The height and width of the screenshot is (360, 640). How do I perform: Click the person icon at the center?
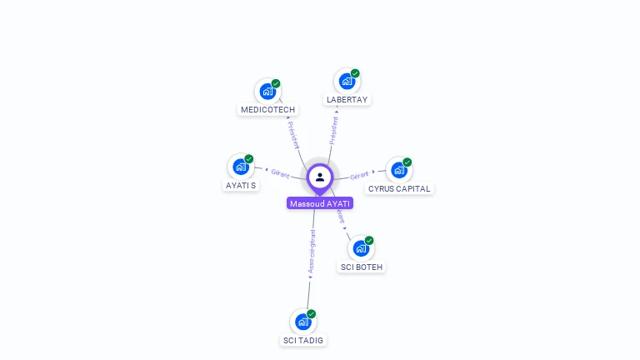[320, 177]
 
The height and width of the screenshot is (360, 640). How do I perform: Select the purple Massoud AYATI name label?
[320, 203]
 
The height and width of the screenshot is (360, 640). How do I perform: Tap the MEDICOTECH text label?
[267, 110]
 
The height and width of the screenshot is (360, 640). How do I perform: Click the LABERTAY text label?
[347, 100]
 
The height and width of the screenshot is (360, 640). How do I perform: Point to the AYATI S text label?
[241, 185]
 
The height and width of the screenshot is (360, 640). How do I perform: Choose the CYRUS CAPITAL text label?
[399, 189]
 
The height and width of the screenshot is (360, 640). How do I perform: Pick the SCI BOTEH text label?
[362, 267]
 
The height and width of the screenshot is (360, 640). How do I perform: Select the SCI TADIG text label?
[303, 341]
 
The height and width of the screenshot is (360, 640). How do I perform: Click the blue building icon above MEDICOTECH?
[267, 91]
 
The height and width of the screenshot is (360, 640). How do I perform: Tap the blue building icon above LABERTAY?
[346, 81]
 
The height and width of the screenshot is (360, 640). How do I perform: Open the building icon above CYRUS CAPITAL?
[398, 170]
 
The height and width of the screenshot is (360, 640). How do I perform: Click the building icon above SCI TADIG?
[302, 322]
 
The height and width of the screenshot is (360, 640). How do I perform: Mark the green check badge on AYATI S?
[249, 159]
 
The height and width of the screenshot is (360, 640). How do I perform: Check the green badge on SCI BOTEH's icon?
[369, 241]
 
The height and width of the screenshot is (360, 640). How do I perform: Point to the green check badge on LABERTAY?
[355, 73]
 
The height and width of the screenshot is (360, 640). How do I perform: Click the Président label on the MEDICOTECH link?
[292, 134]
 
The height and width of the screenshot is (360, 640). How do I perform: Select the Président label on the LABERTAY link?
[334, 130]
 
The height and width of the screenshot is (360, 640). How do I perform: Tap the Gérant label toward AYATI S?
[280, 173]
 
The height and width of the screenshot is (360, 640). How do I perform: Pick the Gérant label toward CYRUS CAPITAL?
[359, 175]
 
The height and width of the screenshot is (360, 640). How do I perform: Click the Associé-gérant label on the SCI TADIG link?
[312, 252]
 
